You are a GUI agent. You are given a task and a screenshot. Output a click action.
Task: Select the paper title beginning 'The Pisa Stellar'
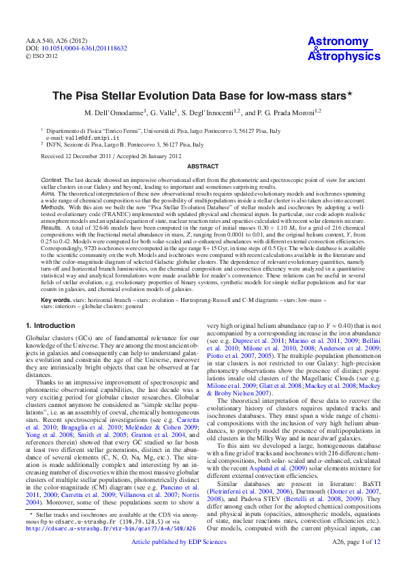201,97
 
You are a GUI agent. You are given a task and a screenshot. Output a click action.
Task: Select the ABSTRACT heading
202,166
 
